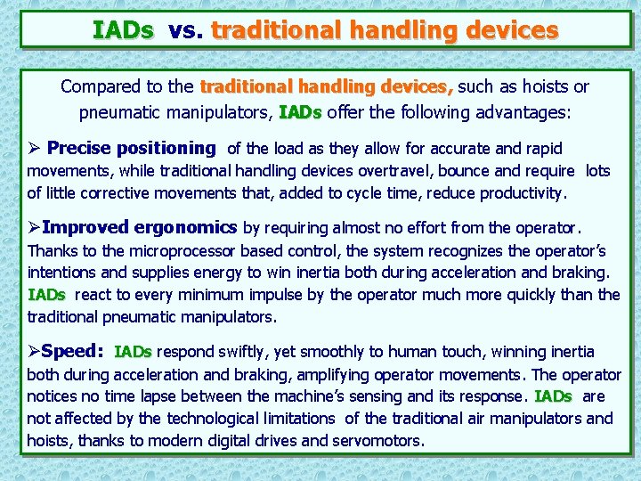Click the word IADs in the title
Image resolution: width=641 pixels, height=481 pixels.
[123, 31]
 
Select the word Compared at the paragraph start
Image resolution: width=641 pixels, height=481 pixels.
[99, 87]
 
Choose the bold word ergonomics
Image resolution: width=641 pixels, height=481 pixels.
[186, 228]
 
